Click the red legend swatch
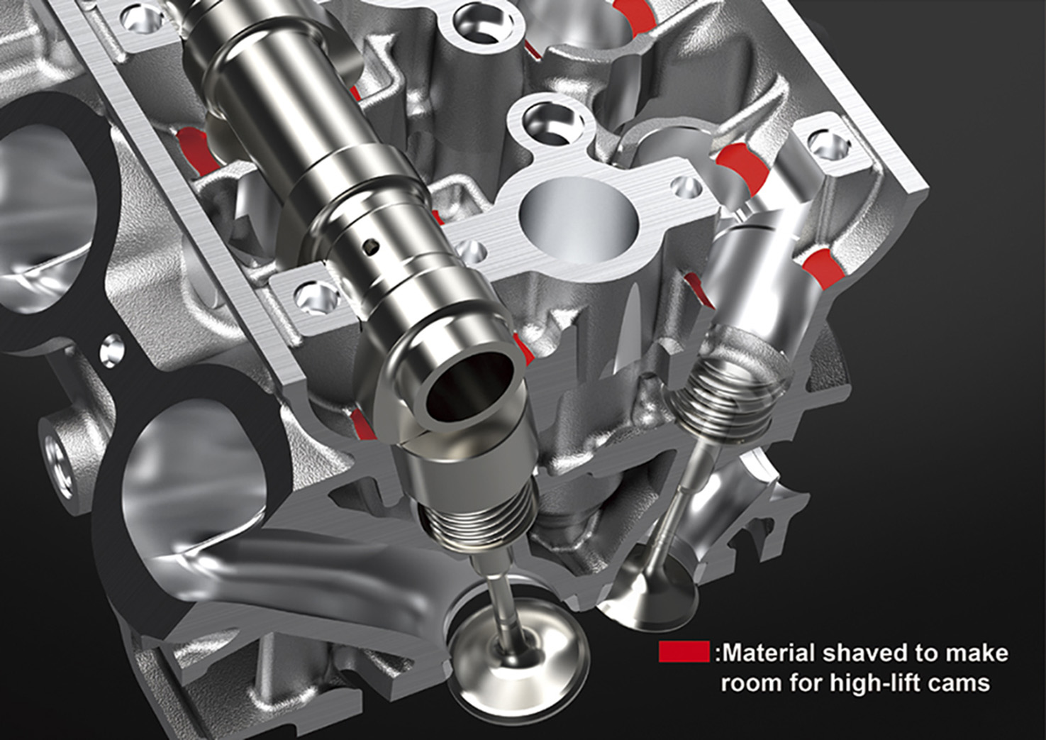pos(684,652)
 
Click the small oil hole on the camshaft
pos(371,246)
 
